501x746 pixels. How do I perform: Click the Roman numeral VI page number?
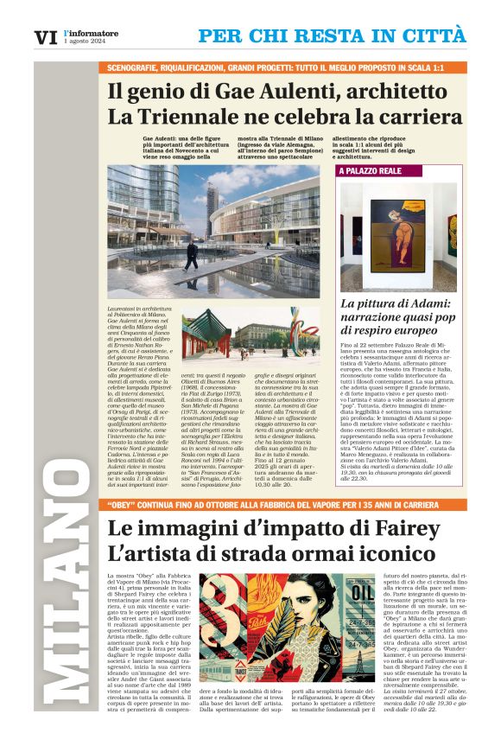click(x=45, y=37)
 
